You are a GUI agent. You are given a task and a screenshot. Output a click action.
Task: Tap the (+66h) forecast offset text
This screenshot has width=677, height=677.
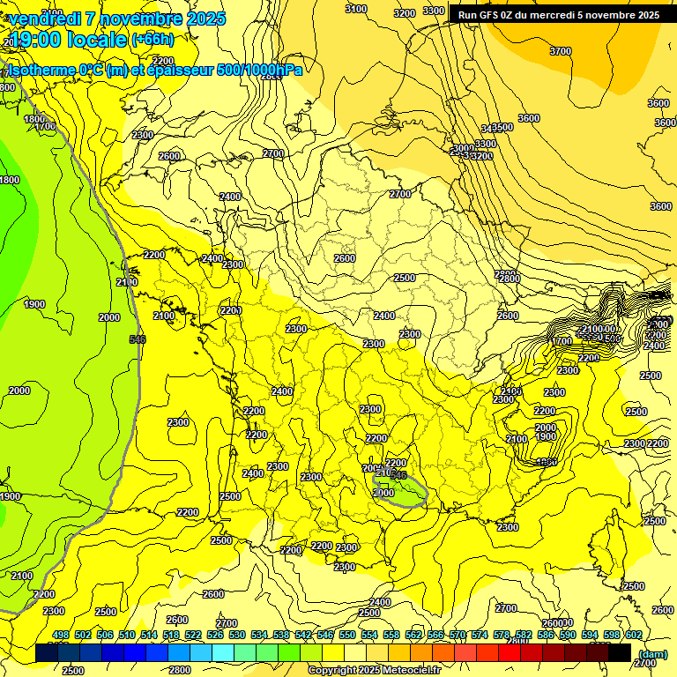152,40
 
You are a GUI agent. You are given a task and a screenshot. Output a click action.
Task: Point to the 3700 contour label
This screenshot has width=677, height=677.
561,51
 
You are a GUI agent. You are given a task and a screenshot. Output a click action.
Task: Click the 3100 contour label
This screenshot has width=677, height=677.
356,9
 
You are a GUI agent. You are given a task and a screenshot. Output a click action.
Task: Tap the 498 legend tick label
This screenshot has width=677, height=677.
61,635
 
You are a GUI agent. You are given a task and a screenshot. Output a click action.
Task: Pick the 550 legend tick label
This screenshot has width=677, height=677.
347,635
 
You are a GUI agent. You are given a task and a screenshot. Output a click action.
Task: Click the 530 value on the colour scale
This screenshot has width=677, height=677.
237,635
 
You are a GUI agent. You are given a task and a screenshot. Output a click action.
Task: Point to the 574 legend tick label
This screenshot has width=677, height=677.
480,635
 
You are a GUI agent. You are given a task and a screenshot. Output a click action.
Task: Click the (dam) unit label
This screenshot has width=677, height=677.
652,654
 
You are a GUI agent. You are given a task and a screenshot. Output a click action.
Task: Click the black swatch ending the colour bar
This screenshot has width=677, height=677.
620,653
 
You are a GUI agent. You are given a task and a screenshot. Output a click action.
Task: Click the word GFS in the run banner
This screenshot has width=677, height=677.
488,15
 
